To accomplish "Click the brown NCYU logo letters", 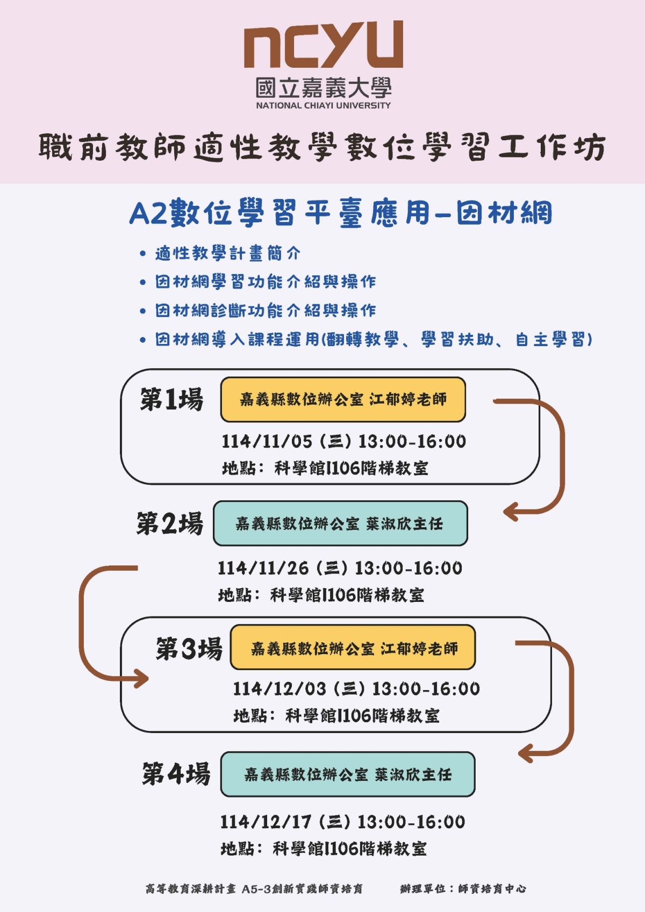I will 323,45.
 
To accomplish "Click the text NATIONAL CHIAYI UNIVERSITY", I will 323,105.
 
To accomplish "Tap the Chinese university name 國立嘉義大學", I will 323,88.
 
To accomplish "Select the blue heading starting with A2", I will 341,213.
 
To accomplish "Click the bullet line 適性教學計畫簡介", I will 227,253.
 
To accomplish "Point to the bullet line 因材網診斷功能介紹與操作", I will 266,310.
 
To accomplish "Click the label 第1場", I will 171,400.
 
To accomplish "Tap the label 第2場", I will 170,523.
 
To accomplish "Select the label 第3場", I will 189,648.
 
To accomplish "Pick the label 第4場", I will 176,774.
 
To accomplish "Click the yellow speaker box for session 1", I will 343,399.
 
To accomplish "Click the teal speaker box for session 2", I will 340,523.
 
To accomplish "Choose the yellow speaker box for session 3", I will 353,648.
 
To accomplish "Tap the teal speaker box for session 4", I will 348,774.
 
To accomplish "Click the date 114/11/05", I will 267,442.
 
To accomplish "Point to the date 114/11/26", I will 263,568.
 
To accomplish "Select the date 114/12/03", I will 279,689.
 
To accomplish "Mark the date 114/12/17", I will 266,822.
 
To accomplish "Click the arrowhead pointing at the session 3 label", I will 142,678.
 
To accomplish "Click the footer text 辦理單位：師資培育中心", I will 463,889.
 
